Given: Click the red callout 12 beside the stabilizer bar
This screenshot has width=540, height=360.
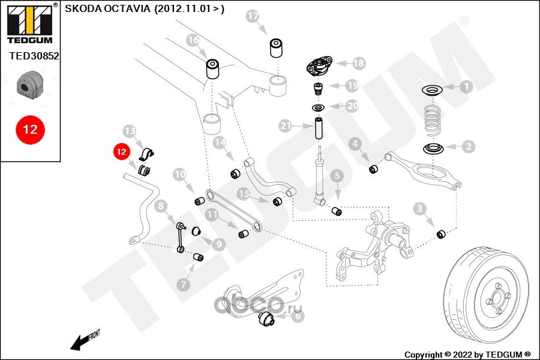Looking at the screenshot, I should pos(121,152).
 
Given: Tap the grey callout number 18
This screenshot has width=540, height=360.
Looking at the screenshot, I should pos(358,62).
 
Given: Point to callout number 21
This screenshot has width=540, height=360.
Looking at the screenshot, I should pos(286,126).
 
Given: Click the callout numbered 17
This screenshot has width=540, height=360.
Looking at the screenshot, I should pos(252,16).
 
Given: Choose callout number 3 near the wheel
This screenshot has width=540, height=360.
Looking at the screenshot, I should pos(420,209).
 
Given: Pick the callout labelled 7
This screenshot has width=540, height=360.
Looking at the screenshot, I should pos(182,284).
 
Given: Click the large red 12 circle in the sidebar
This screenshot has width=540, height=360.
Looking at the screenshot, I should pos(29,129).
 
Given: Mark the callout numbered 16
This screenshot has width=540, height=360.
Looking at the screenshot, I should pos(192,41).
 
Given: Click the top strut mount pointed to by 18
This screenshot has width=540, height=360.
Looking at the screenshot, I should pos(318,66).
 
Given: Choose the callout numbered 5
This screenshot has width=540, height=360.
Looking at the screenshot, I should pos(336,176).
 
